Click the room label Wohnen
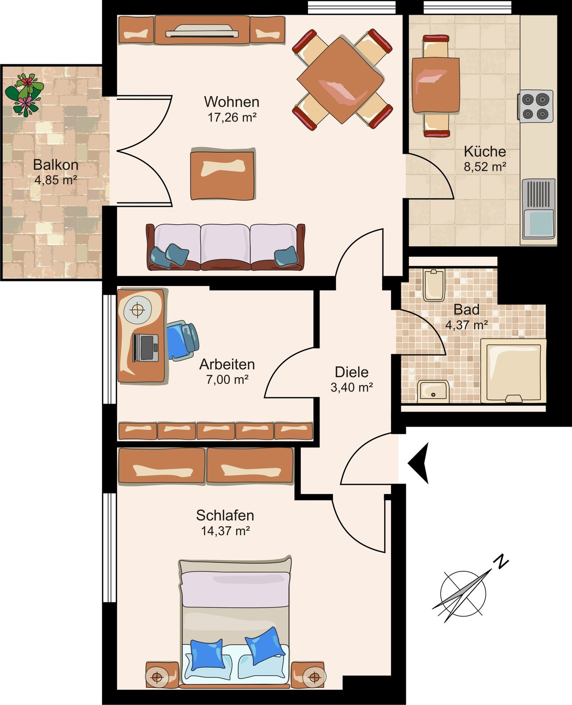tap(231, 102)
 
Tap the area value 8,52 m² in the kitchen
tap(485, 167)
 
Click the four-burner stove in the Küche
tap(536, 106)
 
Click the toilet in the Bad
tap(433, 285)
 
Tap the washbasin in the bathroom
tap(433, 391)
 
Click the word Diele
tap(352, 372)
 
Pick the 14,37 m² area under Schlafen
tap(225, 531)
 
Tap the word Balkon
tap(56, 165)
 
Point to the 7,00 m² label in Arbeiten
tap(227, 380)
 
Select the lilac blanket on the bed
tap(235, 589)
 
